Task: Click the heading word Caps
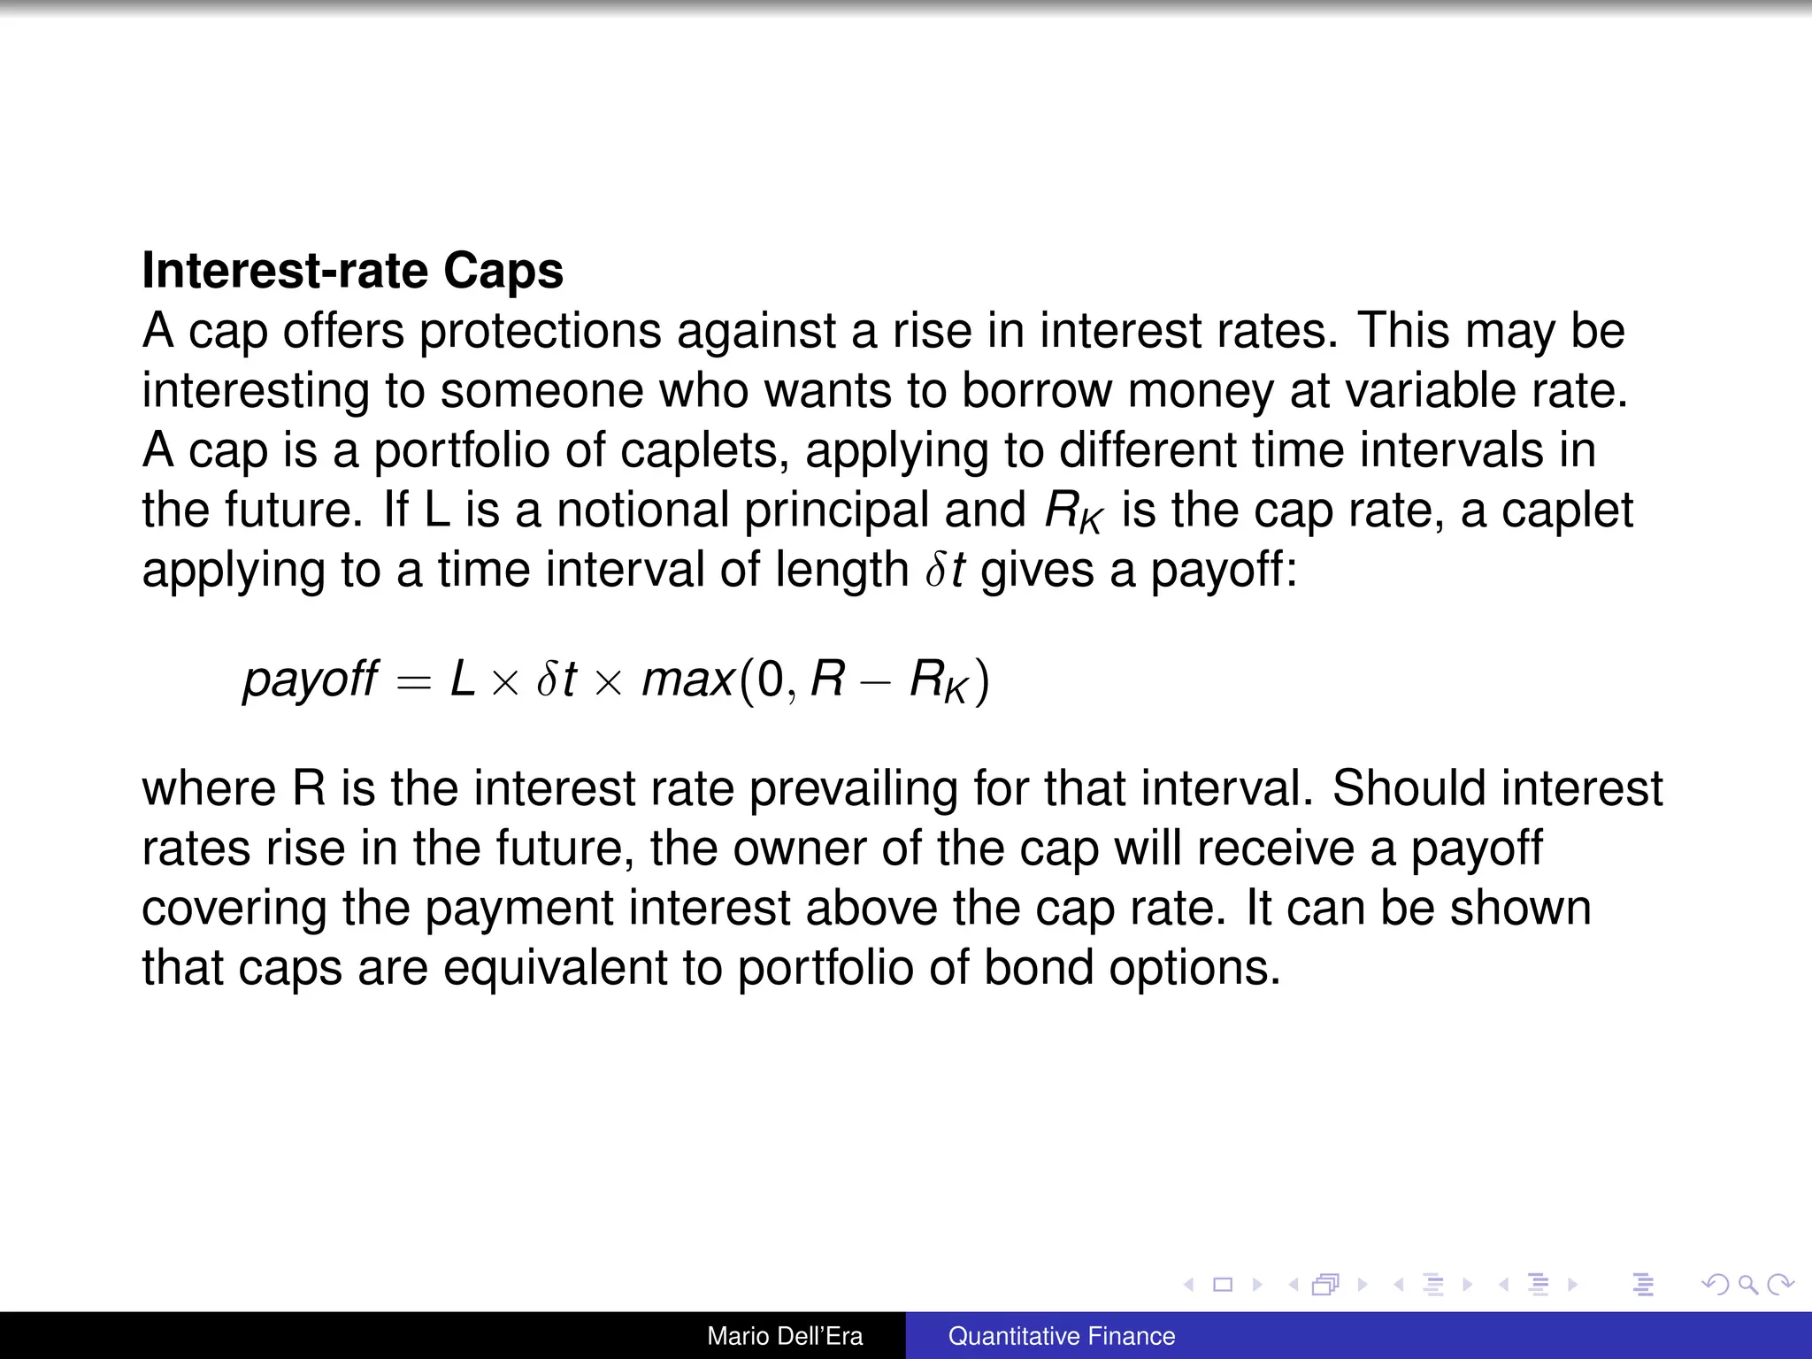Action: tap(503, 271)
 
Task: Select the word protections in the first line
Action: tap(540, 331)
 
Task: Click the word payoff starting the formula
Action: tap(311, 679)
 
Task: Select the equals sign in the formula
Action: tap(413, 681)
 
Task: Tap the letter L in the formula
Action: tap(463, 679)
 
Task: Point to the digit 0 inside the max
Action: tap(771, 679)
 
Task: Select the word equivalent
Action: tap(555, 967)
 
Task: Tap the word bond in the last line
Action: tap(1039, 967)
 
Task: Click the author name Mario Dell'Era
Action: tap(785, 1336)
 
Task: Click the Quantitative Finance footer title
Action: tap(1062, 1336)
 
